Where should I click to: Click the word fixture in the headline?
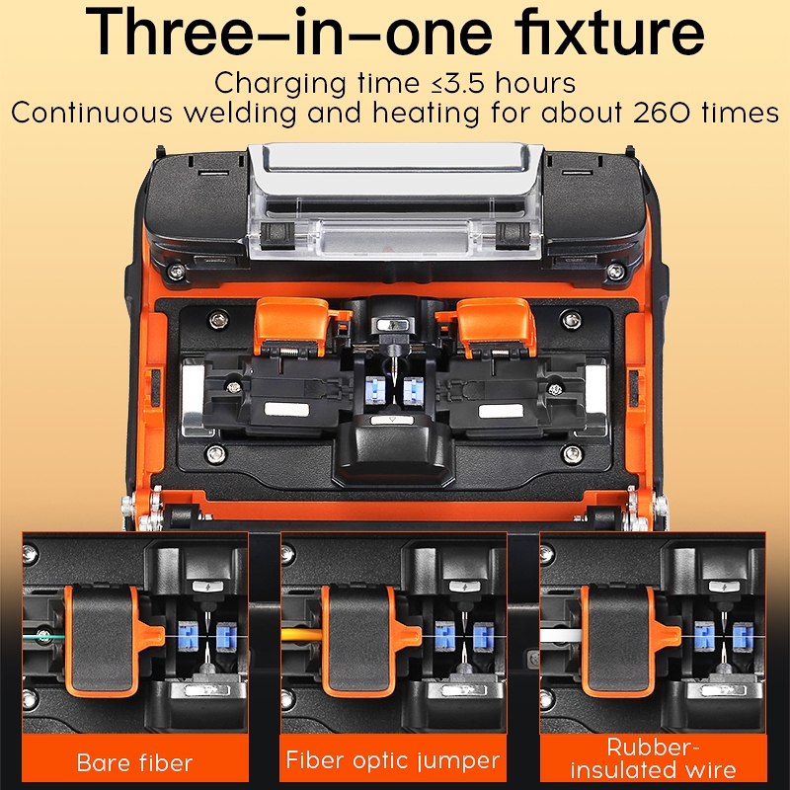point(608,32)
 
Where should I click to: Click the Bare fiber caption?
point(134,762)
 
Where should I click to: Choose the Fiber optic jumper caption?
point(392,760)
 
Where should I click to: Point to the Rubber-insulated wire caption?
point(653,758)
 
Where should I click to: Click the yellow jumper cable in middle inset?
point(302,634)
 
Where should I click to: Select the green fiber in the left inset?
point(44,636)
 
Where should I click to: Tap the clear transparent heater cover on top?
point(395,199)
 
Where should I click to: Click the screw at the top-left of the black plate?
point(218,318)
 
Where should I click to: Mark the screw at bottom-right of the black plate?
point(573,454)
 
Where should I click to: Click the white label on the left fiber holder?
point(286,409)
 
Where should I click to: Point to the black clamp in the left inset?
point(101,639)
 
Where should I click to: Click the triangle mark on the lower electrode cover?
point(393,419)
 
